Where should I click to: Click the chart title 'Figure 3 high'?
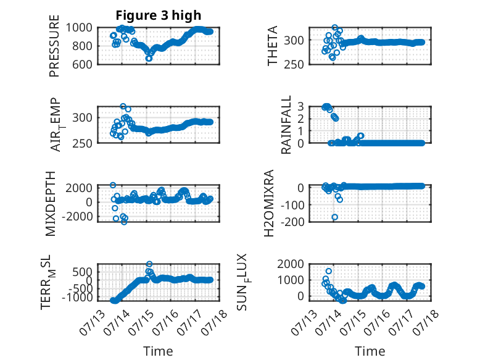pos(159,15)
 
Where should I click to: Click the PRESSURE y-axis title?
pos(54,46)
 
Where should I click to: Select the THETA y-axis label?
pos(272,46)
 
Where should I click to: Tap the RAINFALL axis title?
pos(286,125)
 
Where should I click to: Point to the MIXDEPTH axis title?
pos(50,204)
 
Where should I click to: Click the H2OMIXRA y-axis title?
pos(268,203)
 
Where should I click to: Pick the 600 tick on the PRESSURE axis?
pos(81,65)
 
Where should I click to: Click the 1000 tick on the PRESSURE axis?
pos(79,28)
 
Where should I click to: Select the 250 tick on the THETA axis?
pos(294,65)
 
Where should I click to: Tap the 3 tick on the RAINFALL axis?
pos(300,106)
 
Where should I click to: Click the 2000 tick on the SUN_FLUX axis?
pos(291,264)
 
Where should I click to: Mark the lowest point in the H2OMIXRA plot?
pos(335,217)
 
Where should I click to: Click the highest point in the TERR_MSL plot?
pos(149,264)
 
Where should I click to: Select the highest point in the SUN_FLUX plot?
pos(329,271)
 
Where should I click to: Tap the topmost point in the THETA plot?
pos(335,28)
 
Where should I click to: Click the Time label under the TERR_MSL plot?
pos(158,351)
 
